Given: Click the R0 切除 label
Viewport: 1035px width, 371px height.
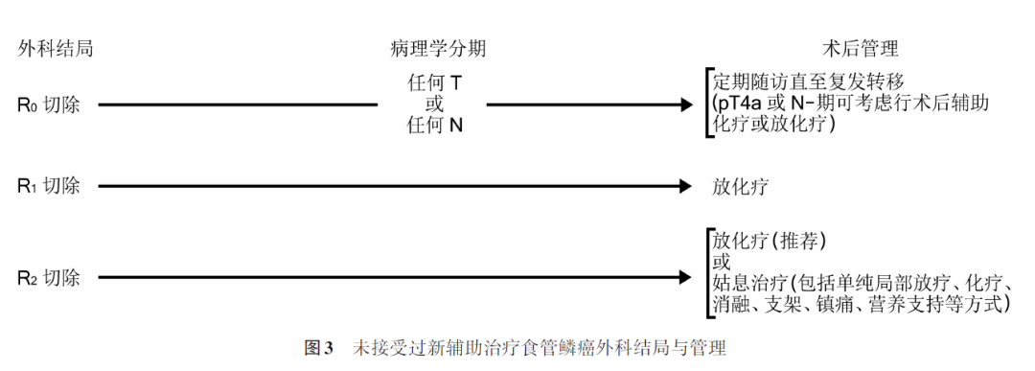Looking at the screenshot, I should [49, 104].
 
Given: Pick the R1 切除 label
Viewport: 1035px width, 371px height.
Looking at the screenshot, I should [49, 186].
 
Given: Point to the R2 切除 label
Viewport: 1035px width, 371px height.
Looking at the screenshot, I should [49, 278].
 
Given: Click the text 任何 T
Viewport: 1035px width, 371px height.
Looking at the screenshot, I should [434, 83].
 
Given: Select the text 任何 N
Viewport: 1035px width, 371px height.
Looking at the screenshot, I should [434, 125].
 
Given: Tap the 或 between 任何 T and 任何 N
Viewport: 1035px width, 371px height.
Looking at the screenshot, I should [433, 104].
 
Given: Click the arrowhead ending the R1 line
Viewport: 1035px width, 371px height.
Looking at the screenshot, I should [683, 186].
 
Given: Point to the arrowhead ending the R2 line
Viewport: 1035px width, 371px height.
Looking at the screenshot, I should [683, 278].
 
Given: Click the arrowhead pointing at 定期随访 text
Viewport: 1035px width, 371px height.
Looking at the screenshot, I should [683, 104].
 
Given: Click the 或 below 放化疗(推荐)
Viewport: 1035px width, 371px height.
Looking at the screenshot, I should [722, 261].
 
